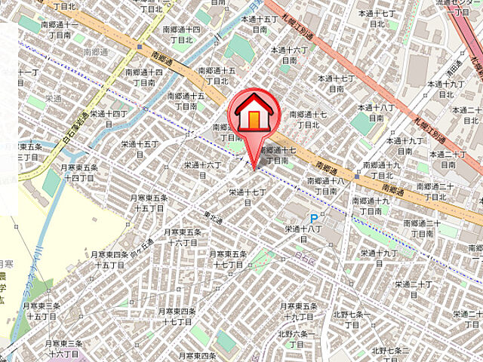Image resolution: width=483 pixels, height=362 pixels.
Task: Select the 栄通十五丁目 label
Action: click(x=140, y=149)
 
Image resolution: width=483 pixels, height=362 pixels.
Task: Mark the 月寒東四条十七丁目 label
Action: click(x=177, y=316)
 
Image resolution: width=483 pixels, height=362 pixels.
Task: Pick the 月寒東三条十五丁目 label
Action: click(x=42, y=311)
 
